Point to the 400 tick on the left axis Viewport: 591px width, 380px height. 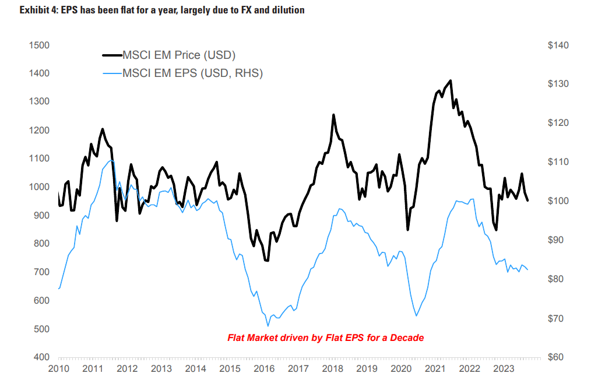(40, 357)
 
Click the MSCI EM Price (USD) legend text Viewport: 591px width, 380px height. (178, 55)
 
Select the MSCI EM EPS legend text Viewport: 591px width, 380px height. (192, 73)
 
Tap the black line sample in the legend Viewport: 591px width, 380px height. (112, 55)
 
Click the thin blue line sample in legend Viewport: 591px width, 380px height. (112, 73)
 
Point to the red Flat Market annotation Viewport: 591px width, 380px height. (325, 337)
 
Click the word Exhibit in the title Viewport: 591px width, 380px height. (19, 10)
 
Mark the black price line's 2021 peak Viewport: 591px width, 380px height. (451, 80)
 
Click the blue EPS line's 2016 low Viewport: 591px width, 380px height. (268, 326)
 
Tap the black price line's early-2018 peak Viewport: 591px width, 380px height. (333, 115)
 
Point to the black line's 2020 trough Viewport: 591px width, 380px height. (407, 230)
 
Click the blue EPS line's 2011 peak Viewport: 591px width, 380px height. (111, 160)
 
